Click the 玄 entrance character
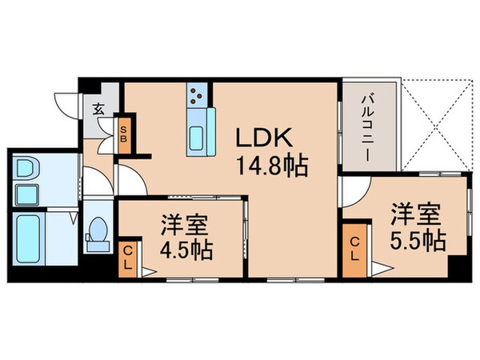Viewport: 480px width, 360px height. (97, 110)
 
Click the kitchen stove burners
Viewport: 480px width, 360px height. (196, 97)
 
